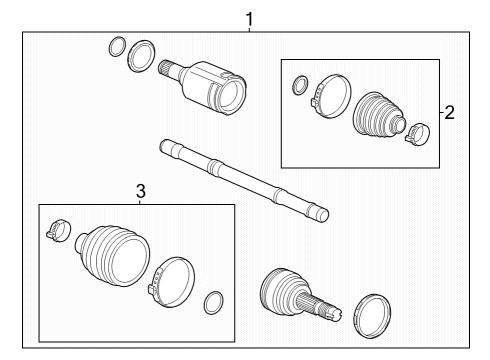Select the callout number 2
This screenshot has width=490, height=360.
coord(450,112)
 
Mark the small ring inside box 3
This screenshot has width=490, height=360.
coord(212,301)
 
